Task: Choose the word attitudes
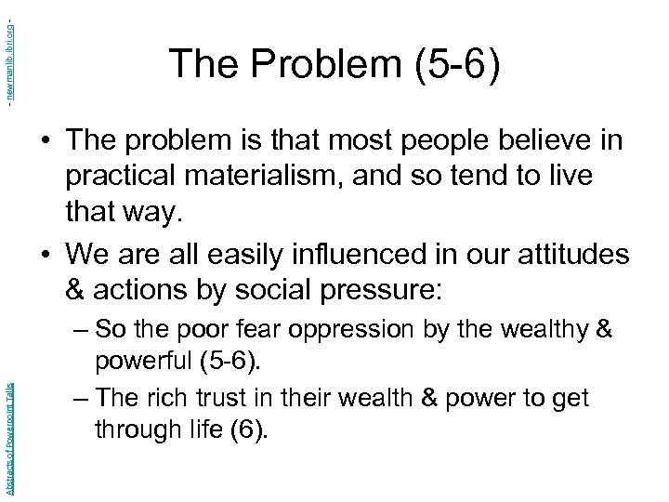coord(571,253)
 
